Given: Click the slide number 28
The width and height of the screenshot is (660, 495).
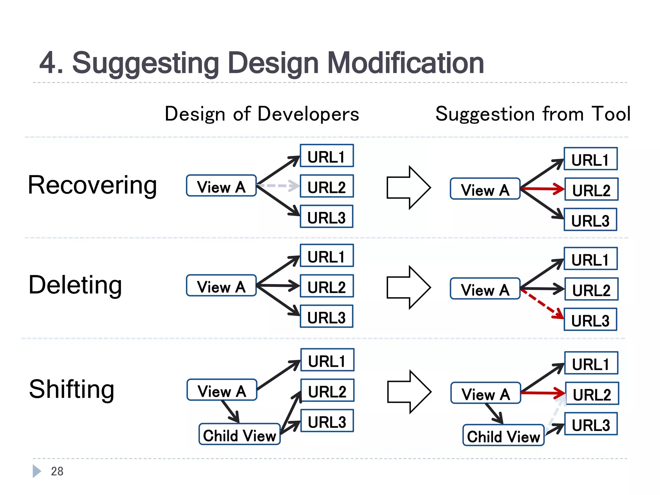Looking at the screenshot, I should (x=57, y=471).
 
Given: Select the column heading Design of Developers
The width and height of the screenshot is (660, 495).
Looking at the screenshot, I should (x=262, y=114).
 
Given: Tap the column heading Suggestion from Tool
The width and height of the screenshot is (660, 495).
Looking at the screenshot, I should (x=533, y=114).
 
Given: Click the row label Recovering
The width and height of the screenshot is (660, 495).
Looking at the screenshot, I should (x=92, y=185).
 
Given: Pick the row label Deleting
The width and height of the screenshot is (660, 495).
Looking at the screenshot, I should (x=75, y=285).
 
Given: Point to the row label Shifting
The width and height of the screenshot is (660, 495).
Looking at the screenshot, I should (x=72, y=389).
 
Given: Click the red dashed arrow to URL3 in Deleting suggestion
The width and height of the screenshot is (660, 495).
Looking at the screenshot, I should (x=542, y=304).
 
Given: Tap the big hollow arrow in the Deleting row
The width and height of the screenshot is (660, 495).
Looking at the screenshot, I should (x=409, y=287).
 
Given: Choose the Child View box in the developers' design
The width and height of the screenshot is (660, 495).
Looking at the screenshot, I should (x=239, y=435).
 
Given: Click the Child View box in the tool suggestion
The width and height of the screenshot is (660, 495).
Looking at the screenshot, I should (x=503, y=436).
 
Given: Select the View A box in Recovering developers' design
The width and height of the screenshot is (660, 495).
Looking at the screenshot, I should (x=221, y=186).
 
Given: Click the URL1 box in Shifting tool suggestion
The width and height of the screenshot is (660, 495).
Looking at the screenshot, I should (x=591, y=363).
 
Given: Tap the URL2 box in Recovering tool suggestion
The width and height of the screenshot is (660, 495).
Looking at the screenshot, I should (x=591, y=189).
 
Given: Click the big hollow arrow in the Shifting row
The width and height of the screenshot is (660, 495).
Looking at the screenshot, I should (x=409, y=392).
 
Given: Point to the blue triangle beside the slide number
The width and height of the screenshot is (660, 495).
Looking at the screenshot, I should (x=36, y=471).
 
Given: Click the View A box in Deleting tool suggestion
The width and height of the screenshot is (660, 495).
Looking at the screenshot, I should (x=485, y=289).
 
